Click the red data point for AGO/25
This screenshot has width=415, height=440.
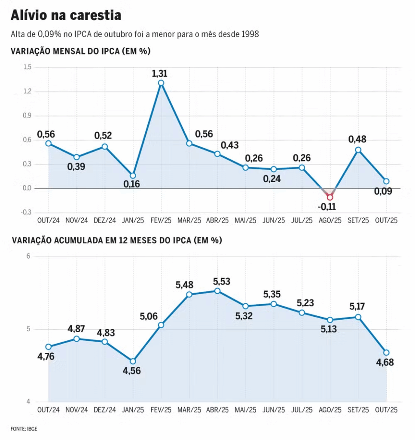coord(330,198)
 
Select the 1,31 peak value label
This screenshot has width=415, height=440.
coord(160,73)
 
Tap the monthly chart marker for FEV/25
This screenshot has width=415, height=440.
coord(161,83)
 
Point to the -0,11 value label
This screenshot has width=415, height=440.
coord(327,207)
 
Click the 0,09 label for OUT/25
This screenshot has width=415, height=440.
coord(383,191)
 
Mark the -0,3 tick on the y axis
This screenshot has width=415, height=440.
coord(26,212)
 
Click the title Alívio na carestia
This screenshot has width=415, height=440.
coord(65,16)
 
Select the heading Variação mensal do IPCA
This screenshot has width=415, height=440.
coord(80,52)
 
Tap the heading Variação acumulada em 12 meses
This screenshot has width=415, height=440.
coord(116,241)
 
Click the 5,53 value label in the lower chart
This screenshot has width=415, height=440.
coord(222,282)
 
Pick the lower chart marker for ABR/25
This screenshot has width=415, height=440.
coord(217,291)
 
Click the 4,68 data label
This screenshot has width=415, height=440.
coord(385,362)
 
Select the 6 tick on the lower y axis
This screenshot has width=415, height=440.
coord(28,257)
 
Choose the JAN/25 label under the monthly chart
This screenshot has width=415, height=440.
coord(133,220)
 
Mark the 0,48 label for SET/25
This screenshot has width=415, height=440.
coord(357,140)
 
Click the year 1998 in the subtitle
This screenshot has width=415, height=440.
coord(250,34)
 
